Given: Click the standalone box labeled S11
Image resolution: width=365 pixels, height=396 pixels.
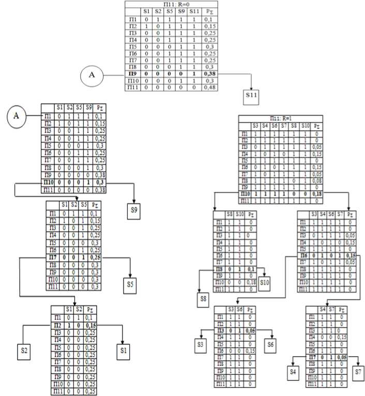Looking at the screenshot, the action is [x=253, y=97].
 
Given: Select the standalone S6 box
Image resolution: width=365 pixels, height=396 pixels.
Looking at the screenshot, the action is [x=272, y=344].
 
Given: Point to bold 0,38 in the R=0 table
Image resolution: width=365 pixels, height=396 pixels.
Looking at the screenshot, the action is [x=210, y=74].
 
